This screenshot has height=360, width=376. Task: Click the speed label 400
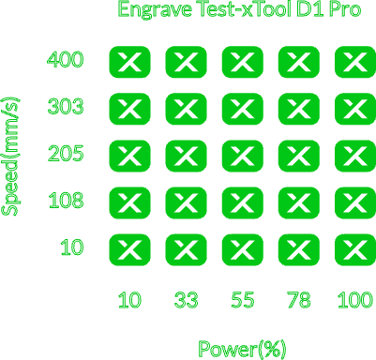[x=66, y=59]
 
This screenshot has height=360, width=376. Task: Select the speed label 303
[x=66, y=106]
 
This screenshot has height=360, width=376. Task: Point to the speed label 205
[x=66, y=153]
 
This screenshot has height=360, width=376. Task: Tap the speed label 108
[x=66, y=200]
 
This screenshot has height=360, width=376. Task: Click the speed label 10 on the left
[x=72, y=247]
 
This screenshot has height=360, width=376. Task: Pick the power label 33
[x=186, y=300]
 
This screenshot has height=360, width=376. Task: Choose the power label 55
[x=243, y=300]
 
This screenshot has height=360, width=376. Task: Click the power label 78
[x=299, y=300]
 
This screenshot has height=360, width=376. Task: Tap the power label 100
[x=355, y=300]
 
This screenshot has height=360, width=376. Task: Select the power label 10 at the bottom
[x=129, y=300]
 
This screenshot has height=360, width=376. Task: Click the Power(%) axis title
[x=242, y=349]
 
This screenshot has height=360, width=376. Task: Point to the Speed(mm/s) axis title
[x=10, y=157]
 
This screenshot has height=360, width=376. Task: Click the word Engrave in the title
[x=155, y=10]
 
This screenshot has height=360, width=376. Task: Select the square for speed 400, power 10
[x=129, y=62]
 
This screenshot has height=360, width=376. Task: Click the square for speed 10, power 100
[x=355, y=249]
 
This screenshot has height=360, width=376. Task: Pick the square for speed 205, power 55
[x=243, y=156]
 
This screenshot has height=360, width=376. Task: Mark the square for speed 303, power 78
[x=299, y=109]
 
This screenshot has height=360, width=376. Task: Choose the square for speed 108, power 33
[x=186, y=202]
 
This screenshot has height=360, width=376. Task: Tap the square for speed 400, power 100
[x=355, y=62]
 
